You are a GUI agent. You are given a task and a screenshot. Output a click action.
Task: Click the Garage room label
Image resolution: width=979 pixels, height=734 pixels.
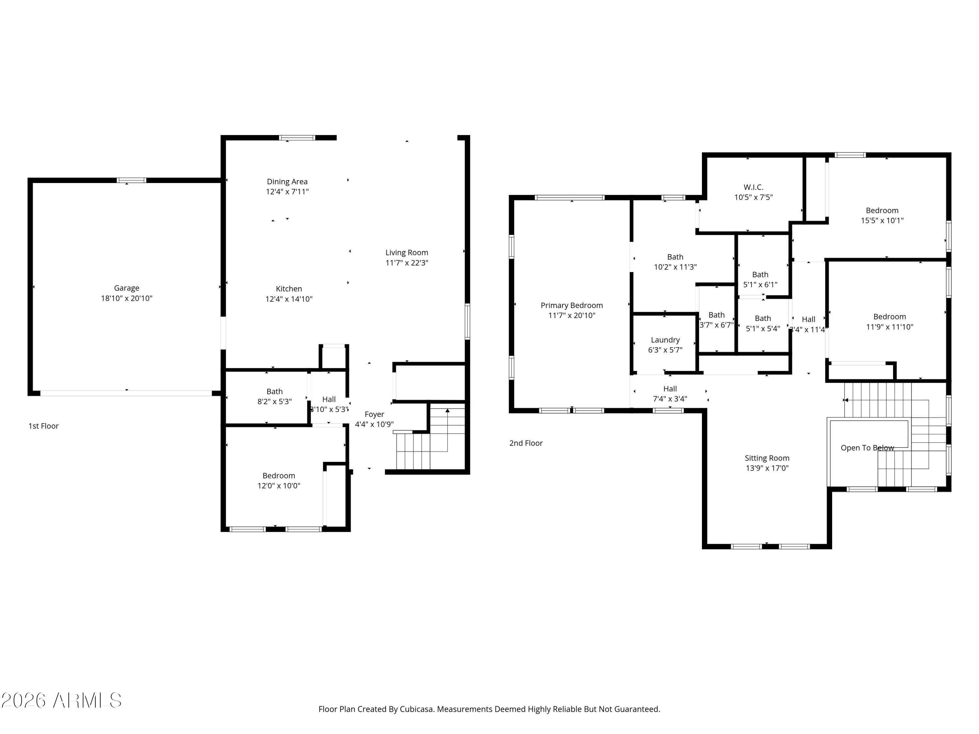coord(127,288)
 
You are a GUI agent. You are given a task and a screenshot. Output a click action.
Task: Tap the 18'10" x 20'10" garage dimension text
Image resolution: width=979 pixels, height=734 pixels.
coord(127,298)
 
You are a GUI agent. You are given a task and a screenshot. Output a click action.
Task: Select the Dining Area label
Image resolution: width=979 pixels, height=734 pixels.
coord(287,181)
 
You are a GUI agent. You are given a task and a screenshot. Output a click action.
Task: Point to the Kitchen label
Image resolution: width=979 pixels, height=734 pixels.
coord(288,288)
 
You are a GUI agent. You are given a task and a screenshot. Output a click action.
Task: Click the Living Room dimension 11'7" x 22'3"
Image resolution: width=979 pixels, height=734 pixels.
coord(406,263)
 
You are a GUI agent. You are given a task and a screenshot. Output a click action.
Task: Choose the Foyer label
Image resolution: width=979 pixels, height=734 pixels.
coord(374,414)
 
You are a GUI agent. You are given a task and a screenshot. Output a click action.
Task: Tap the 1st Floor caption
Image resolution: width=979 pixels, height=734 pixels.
coord(43,426)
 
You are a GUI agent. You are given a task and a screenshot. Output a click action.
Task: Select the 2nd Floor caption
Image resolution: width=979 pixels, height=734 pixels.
coord(525,443)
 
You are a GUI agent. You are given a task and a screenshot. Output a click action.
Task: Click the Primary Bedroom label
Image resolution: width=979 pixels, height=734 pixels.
coord(571,305)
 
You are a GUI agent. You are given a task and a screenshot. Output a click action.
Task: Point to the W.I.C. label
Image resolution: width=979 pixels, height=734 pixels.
coord(753,187)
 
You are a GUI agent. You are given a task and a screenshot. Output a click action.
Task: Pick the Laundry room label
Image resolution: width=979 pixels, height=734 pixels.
coord(665,340)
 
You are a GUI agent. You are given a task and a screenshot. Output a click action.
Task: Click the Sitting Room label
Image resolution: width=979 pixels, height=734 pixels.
coord(767,458)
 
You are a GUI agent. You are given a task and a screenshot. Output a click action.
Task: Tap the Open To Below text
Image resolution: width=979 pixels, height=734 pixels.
coord(867,448)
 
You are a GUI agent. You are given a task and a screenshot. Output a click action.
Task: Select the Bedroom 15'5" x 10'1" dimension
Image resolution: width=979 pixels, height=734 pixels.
coord(882,220)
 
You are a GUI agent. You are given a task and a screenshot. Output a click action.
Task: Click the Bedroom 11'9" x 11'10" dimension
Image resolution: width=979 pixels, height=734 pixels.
coord(889,327)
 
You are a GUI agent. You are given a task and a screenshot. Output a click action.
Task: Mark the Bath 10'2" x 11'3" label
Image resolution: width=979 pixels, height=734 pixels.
coord(675,257)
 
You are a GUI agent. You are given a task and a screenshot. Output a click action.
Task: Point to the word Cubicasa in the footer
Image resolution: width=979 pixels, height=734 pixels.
coord(416,709)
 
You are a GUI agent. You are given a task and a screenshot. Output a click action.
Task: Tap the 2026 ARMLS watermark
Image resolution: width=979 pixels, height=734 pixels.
coord(62,700)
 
